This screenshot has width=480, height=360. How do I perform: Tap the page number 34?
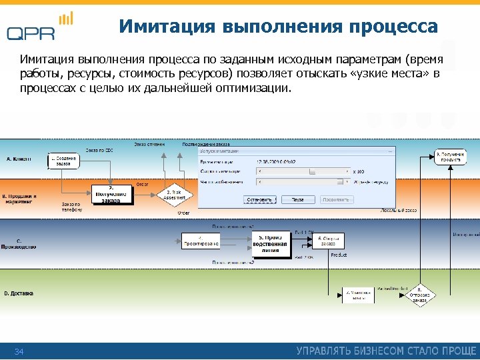[x=19, y=351]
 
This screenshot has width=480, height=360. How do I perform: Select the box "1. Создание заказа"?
[x=63, y=161]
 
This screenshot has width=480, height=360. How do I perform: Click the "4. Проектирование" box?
[x=201, y=240]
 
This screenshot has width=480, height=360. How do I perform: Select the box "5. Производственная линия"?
[x=271, y=244]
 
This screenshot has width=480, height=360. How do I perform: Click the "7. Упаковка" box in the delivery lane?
[x=359, y=294]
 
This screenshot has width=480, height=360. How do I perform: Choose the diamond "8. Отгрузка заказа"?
[x=419, y=294]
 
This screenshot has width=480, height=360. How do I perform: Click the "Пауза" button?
[x=298, y=199]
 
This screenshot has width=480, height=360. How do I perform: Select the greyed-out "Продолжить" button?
[x=337, y=199]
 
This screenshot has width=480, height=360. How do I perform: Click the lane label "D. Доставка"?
[x=19, y=293]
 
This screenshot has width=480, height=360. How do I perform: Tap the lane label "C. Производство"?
[x=19, y=243]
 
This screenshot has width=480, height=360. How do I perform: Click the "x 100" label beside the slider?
[x=359, y=171]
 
